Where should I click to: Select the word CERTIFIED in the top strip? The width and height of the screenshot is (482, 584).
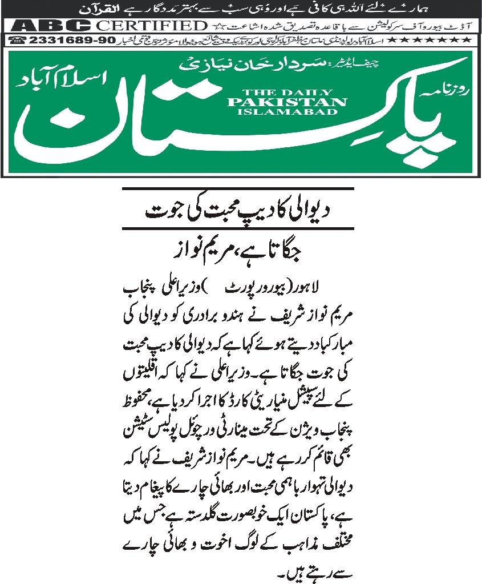coord(151,26)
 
